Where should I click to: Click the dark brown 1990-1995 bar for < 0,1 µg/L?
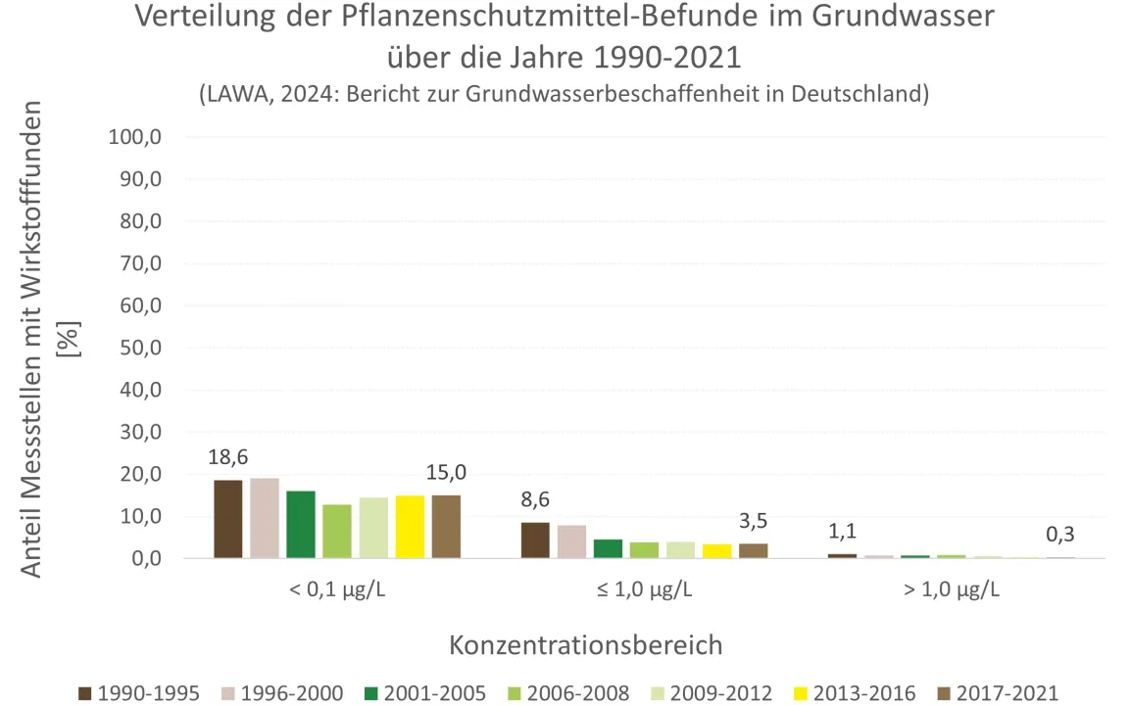pos(228,519)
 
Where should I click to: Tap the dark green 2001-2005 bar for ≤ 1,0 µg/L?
pos(608,548)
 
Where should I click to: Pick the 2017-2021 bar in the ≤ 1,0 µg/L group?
pos(753,550)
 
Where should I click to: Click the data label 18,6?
pos(227,458)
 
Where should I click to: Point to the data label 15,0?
pos(446,473)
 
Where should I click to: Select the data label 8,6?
pos(534,500)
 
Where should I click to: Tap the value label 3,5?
pos(753,521)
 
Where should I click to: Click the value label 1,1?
pos(841,532)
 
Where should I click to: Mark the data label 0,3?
pos(1059,535)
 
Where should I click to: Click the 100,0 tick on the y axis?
pos(134,137)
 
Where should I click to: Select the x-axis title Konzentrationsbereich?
pos(586,645)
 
